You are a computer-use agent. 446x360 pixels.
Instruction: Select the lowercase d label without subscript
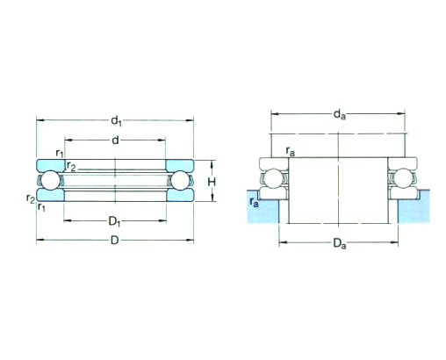click(x=116, y=140)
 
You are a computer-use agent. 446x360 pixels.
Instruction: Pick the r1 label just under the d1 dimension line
click(x=59, y=155)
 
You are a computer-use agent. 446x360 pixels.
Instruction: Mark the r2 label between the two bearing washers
click(x=71, y=166)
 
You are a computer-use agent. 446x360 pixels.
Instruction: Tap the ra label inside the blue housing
click(x=255, y=203)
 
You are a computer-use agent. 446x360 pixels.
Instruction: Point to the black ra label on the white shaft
click(x=291, y=154)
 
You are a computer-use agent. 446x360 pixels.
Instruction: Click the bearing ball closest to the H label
click(x=182, y=179)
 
